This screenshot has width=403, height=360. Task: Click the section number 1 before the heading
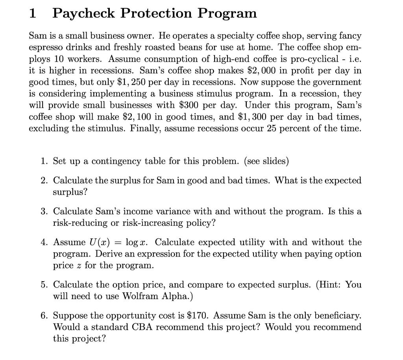tap(33, 14)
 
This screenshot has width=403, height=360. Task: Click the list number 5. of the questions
tap(44, 284)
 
